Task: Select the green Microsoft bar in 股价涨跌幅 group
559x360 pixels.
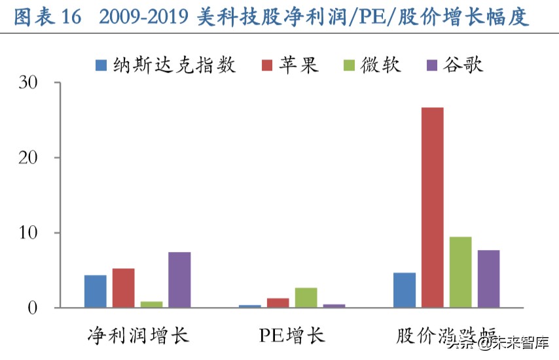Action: (x=460, y=272)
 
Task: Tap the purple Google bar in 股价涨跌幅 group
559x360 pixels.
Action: (x=488, y=279)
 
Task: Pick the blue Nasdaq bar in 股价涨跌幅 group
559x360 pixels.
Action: (x=404, y=290)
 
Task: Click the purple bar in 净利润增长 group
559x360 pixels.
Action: (x=179, y=280)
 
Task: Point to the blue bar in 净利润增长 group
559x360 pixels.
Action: (x=95, y=291)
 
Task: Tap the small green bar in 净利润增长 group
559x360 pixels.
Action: (x=151, y=304)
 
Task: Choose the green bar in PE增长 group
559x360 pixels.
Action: (x=306, y=298)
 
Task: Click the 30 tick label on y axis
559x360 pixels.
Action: (x=29, y=83)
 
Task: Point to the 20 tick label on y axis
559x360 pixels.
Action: (x=29, y=158)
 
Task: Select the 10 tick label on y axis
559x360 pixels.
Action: (x=29, y=233)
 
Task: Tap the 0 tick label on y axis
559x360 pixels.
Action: (x=33, y=308)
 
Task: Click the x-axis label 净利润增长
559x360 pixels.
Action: (x=138, y=336)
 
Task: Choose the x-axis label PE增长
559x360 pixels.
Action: (x=291, y=336)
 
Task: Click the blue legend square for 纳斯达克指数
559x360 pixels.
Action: (x=101, y=65)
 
